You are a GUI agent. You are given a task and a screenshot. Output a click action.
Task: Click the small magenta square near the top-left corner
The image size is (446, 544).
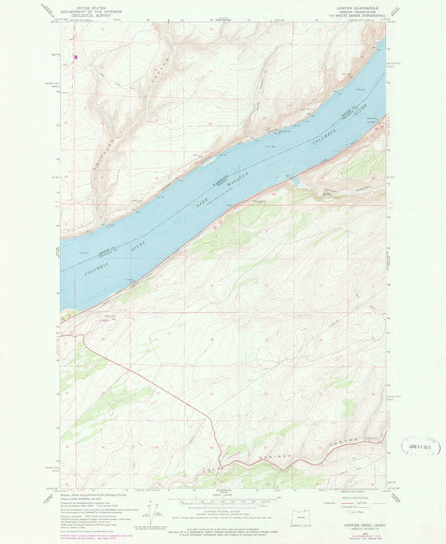point(75,58)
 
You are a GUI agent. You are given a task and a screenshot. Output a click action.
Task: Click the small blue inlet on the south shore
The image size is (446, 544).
point(294,178)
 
